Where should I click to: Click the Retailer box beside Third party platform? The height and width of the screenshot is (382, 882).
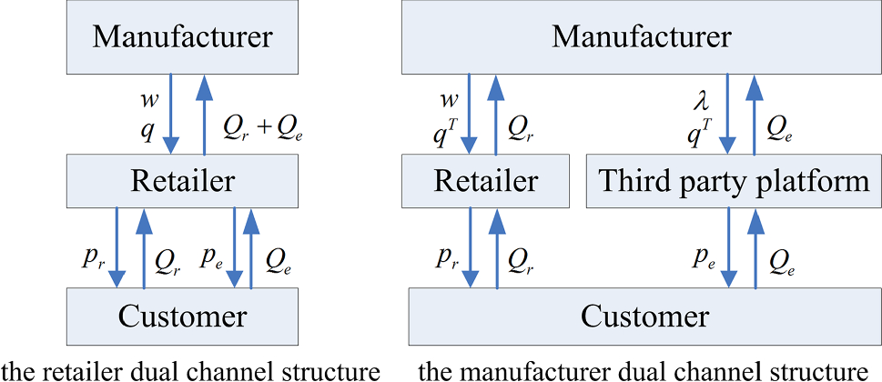coord(485,181)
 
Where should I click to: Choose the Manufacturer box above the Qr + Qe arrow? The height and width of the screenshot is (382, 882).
coord(183,37)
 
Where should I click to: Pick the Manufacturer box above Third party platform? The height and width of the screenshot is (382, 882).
coord(641,37)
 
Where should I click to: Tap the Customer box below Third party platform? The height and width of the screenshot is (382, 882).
coord(644,317)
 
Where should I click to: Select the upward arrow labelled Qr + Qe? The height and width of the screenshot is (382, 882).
coord(205,115)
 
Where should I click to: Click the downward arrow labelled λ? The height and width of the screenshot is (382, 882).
coord(728,115)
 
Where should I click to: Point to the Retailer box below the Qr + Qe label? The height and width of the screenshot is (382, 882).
coord(183,181)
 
